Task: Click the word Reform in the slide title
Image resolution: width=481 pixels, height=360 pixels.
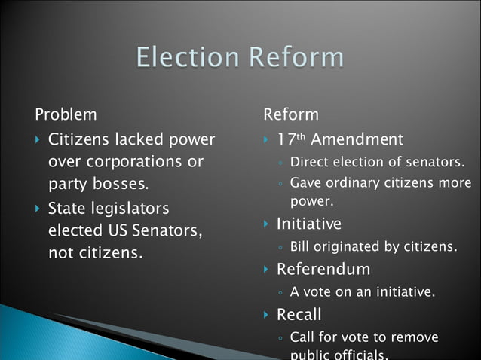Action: (x=299, y=58)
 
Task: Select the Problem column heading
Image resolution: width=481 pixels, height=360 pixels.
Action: (x=66, y=115)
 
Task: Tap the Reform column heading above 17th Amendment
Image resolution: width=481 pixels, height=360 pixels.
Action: (x=291, y=115)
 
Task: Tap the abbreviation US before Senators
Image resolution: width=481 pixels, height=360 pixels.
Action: (x=116, y=230)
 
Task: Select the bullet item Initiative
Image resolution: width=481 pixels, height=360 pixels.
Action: (x=309, y=224)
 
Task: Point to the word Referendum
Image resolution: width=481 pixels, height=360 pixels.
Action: (x=323, y=269)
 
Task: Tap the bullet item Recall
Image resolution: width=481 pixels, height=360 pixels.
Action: (x=299, y=314)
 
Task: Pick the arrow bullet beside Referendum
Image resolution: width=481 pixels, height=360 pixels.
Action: (x=266, y=270)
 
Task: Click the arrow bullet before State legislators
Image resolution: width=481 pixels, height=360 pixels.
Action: (x=38, y=209)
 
